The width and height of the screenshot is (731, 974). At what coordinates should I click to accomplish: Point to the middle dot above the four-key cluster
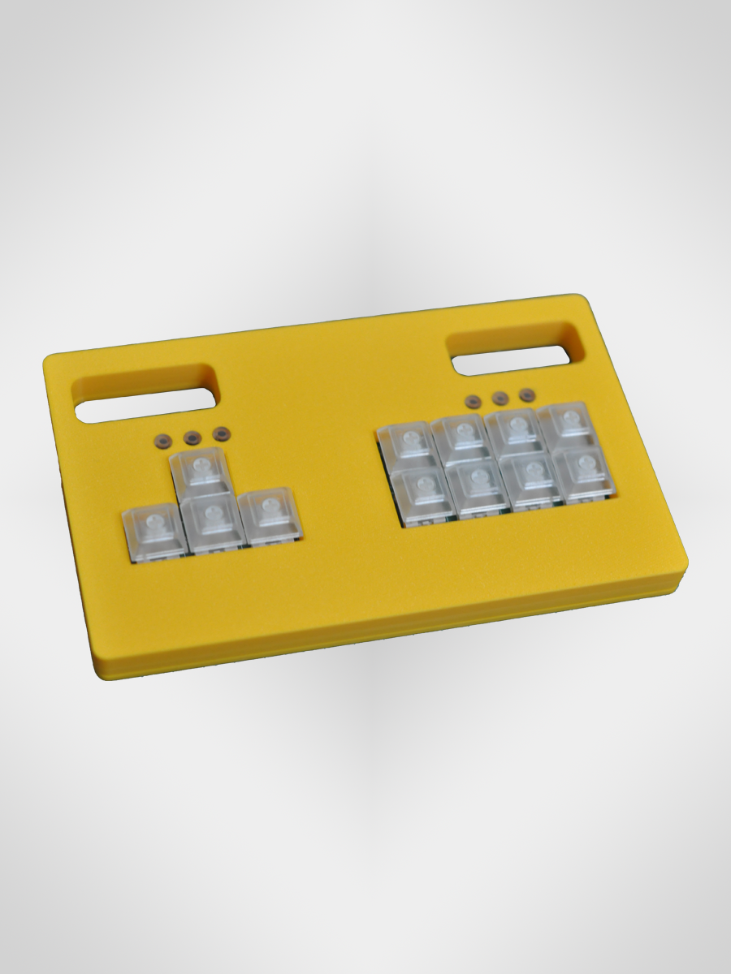point(192,438)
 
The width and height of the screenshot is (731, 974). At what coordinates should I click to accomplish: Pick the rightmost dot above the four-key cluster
point(219,435)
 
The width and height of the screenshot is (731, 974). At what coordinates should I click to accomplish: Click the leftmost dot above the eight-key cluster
point(473,401)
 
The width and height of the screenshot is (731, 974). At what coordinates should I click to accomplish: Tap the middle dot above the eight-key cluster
point(500,398)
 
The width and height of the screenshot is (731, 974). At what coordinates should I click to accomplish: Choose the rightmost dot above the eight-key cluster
point(527,394)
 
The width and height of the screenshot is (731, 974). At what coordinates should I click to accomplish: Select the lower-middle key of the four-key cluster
point(214,521)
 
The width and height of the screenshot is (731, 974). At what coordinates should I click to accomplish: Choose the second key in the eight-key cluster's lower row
point(478,486)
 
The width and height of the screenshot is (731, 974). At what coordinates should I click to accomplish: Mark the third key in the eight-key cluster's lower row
point(530,480)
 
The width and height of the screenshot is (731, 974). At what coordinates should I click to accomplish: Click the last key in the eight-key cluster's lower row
point(583,473)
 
